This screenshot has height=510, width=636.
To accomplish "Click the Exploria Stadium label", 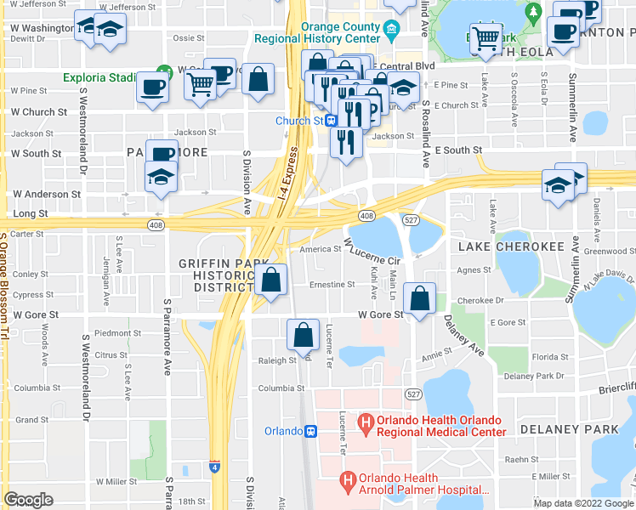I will click(99, 78).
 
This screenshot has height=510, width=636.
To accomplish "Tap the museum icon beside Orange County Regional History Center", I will click(392, 32).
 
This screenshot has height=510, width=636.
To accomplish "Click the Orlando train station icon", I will click(311, 431).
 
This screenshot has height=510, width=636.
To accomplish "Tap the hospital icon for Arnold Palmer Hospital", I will click(347, 482).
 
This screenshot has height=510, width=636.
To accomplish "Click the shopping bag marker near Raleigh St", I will click(304, 336).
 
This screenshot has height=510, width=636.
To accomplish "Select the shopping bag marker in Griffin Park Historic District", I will click(270, 280).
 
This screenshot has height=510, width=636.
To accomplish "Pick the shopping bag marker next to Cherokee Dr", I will click(420, 298).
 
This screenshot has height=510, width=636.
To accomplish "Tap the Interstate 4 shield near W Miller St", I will click(213, 466).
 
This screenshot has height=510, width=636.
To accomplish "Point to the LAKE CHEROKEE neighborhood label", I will click(511, 246).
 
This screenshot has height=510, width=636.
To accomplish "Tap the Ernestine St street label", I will click(332, 285).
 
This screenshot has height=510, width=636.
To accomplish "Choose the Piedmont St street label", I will click(117, 333).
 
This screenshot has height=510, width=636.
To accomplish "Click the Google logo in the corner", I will click(29, 500).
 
